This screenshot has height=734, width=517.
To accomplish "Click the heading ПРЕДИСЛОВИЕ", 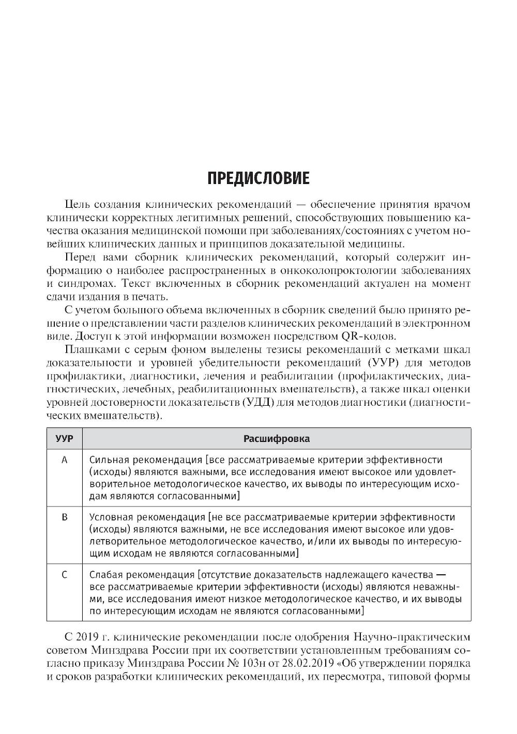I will click(258, 178).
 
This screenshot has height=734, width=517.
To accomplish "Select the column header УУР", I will click(64, 439).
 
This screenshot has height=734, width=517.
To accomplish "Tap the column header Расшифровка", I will click(277, 439).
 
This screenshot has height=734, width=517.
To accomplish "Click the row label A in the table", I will click(65, 460).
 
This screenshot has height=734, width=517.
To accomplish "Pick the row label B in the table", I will click(65, 517).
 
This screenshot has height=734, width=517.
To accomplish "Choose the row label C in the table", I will click(65, 574).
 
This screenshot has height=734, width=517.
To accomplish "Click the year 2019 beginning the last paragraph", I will click(88, 636).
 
